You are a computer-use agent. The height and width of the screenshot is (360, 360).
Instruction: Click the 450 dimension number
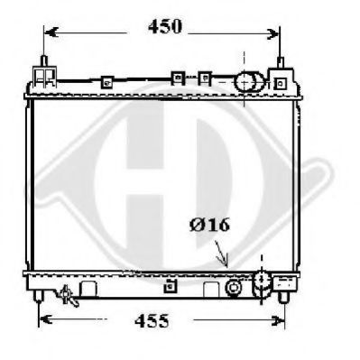tap(165, 26)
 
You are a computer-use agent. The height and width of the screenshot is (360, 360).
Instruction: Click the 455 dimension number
tap(152, 320)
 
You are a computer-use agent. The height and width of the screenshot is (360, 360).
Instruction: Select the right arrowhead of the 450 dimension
tap(273, 34)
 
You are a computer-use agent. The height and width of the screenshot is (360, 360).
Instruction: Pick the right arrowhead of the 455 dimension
tap(277, 320)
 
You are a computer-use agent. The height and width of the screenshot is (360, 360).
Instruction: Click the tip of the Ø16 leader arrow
tap(226, 266)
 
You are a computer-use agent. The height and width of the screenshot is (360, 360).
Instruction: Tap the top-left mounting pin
tap(44, 61)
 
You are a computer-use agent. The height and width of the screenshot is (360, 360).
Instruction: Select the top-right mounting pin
tap(281, 62)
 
